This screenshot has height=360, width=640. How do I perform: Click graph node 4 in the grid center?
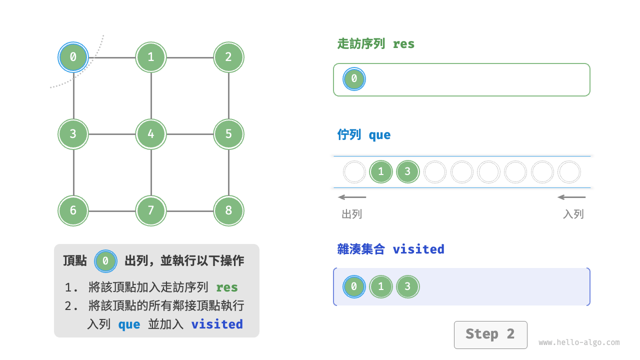(151, 134)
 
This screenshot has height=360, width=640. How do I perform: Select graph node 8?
(228, 210)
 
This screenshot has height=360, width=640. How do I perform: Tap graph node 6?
(73, 210)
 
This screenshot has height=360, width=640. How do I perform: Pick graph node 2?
(228, 57)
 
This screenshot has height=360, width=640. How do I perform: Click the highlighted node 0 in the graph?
(73, 57)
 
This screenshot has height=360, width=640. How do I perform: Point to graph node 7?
(151, 210)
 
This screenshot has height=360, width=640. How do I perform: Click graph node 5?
(228, 134)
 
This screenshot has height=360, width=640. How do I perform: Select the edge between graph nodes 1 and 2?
(189, 57)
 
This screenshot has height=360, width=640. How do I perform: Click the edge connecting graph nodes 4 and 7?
(151, 172)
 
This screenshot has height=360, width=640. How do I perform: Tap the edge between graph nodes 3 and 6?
(73, 172)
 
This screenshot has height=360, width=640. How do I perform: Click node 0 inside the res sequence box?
(354, 79)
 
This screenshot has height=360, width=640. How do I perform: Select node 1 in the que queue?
(381, 172)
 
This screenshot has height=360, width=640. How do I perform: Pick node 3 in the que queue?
(407, 172)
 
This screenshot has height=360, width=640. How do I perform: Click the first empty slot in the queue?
(354, 172)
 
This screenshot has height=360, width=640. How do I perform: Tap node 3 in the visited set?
(407, 286)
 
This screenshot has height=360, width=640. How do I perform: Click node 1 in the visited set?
(381, 286)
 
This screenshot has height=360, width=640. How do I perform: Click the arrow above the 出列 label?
(352, 197)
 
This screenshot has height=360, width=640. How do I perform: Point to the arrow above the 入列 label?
(571, 197)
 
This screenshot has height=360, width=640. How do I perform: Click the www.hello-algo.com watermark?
(579, 343)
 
